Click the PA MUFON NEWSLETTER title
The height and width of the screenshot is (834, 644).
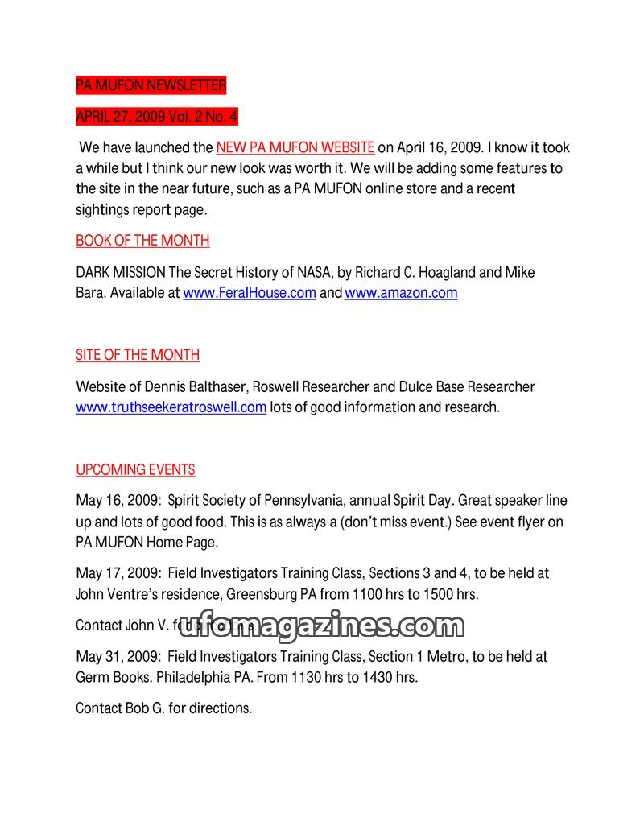click(151, 85)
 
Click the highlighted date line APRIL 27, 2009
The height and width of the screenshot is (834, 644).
click(157, 117)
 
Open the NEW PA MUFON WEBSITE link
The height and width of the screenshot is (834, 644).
click(295, 148)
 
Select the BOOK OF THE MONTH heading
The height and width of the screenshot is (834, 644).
click(142, 241)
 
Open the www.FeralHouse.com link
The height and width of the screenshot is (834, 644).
click(250, 293)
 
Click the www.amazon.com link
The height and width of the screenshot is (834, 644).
click(401, 293)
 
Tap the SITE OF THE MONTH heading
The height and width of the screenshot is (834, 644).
click(138, 355)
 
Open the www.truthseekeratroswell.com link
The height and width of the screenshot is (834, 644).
click(171, 407)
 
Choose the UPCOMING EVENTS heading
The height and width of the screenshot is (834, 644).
click(135, 470)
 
